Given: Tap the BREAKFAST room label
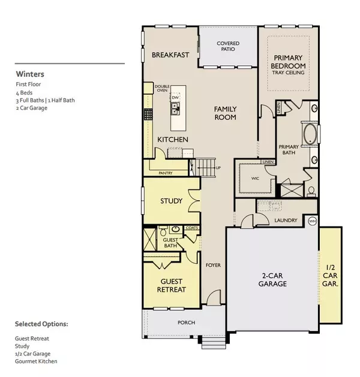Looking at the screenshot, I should [170, 55].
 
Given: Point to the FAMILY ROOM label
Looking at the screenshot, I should [226, 113].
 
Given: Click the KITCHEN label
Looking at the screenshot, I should [173, 140].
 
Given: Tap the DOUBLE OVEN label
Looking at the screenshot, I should [162, 89].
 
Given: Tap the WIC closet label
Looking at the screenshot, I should [252, 178].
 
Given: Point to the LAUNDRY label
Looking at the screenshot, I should [286, 221].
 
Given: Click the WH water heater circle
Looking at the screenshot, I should [312, 221].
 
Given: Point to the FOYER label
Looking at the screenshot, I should [213, 264].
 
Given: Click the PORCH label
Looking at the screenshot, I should [186, 322].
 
